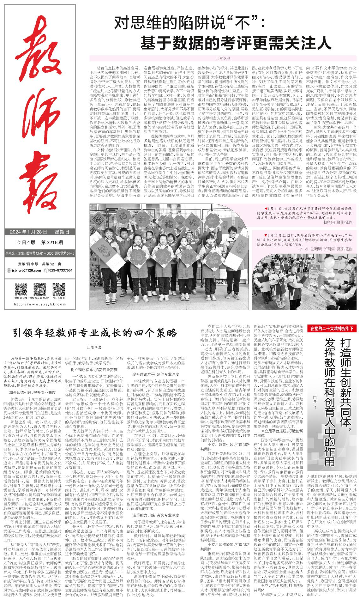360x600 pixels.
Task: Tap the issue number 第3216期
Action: coord(52,242)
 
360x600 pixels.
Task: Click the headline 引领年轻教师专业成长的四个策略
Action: coord(95,332)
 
